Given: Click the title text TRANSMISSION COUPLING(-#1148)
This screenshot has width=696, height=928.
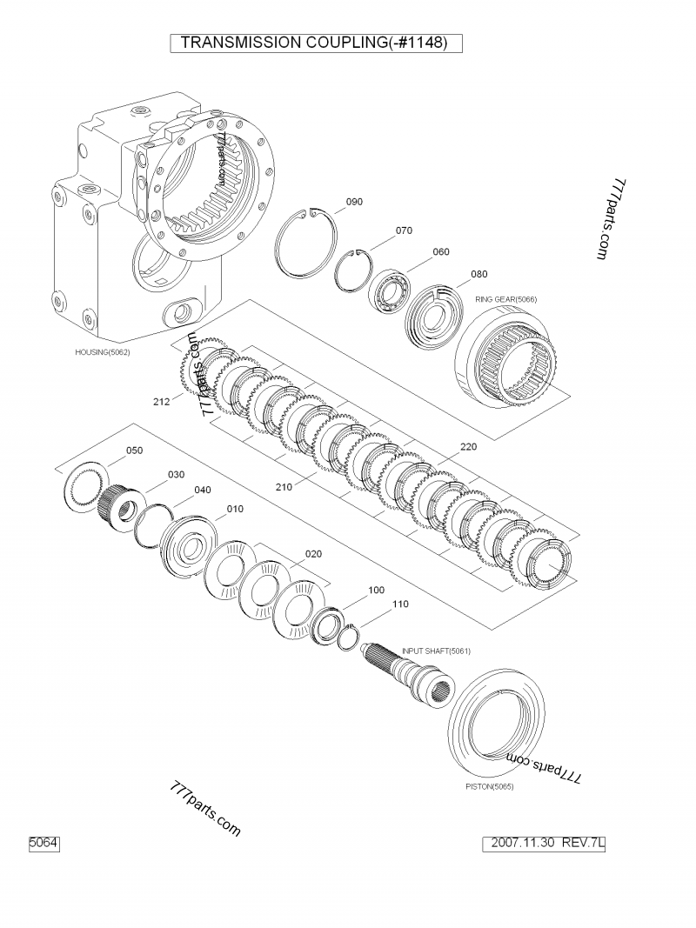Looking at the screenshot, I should pyautogui.click(x=314, y=43).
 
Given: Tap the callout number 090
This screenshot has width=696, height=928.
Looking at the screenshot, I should pyautogui.click(x=354, y=202).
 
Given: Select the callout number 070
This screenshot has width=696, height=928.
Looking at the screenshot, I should pyautogui.click(x=404, y=231).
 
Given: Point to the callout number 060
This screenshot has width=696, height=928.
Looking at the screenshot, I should pyautogui.click(x=441, y=252).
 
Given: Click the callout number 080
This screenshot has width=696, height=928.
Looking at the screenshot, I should pyautogui.click(x=478, y=274).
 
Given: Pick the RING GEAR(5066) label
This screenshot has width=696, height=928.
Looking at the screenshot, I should pyautogui.click(x=505, y=299).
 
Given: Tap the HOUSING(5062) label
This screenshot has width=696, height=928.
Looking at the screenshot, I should pyautogui.click(x=103, y=352).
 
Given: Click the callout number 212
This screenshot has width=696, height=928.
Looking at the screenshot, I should pyautogui.click(x=161, y=402).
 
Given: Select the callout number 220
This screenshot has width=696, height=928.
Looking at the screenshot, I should pyautogui.click(x=468, y=447).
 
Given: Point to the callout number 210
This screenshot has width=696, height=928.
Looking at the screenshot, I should pyautogui.click(x=284, y=487).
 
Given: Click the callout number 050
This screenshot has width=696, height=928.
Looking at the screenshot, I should pyautogui.click(x=135, y=451).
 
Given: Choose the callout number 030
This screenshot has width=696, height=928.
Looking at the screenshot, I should pyautogui.click(x=177, y=474).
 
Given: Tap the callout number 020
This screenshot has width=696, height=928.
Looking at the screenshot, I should pyautogui.click(x=313, y=554).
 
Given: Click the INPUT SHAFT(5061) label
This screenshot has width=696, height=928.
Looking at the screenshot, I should pyautogui.click(x=436, y=651).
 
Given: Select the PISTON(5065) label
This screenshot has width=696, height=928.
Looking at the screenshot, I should pyautogui.click(x=490, y=787).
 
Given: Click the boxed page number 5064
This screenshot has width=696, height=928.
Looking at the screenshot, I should pyautogui.click(x=43, y=843).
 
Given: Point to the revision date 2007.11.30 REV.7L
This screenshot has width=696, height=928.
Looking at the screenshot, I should pyautogui.click(x=547, y=843).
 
